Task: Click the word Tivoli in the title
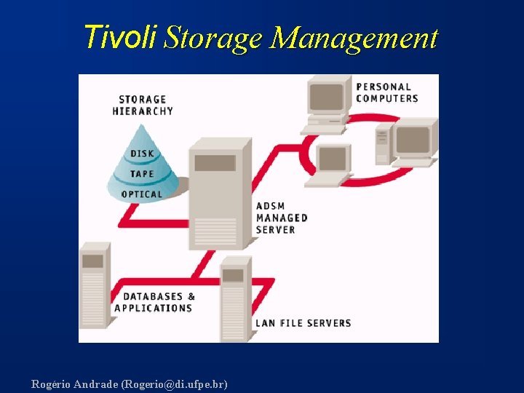click(120, 36)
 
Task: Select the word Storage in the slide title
click(212, 38)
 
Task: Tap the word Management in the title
click(354, 38)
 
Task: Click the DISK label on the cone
click(142, 154)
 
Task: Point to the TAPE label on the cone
click(142, 174)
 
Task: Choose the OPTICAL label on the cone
click(142, 194)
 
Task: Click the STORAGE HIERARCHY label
click(143, 105)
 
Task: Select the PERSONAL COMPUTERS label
click(387, 92)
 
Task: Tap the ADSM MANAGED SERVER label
click(282, 218)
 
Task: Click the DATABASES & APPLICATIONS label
click(154, 302)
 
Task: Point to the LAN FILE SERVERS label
click(303, 322)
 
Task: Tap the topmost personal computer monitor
click(327, 98)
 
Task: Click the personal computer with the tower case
click(408, 142)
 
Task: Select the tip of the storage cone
click(144, 126)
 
